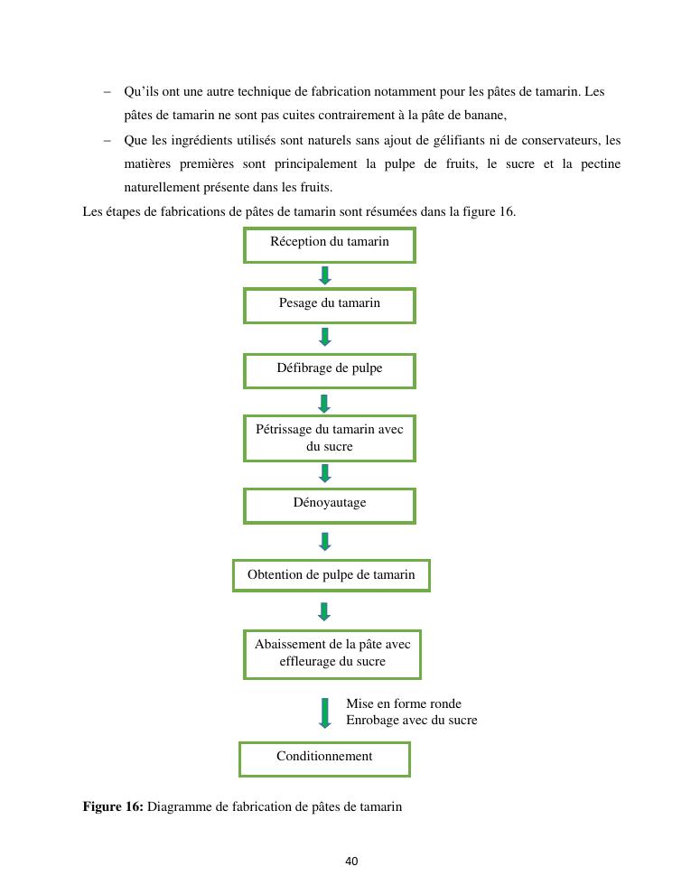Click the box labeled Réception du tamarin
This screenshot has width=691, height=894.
coord(329,245)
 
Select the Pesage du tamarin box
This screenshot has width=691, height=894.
coord(329,305)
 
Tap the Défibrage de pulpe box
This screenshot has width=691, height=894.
coord(329,370)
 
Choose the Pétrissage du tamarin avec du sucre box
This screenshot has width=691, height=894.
coord(329,438)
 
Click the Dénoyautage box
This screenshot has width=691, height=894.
coord(329,505)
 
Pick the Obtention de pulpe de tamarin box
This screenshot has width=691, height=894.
coord(331,575)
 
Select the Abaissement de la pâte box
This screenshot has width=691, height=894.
coord(331,654)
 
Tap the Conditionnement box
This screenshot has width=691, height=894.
coord(324,759)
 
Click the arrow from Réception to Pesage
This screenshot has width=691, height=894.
coord(325,275)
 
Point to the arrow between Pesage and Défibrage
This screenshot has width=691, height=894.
coord(325,337)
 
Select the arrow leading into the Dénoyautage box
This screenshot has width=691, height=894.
coord(325,473)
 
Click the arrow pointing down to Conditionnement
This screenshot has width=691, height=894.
coord(325,712)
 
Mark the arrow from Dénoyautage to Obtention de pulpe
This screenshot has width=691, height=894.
coord(325,541)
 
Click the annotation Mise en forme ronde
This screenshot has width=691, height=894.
coord(403,703)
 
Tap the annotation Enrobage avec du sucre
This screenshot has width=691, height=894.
coord(411,720)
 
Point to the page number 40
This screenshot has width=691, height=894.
coord(351,861)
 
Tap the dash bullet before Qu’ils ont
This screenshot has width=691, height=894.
coord(107,92)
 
